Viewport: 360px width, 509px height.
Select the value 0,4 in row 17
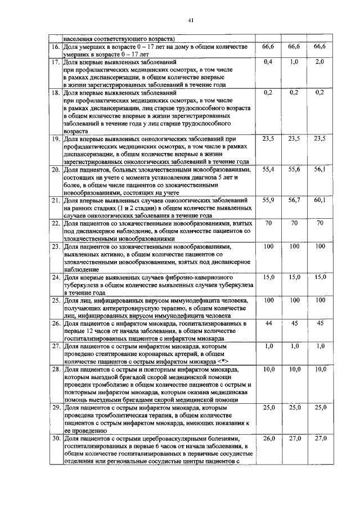(268, 61)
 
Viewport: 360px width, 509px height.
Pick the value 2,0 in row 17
(319, 61)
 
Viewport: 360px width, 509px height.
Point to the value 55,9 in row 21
(268, 200)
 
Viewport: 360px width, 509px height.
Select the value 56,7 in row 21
(294, 200)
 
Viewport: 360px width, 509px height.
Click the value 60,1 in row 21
(319, 200)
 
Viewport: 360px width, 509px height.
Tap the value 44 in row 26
(268, 323)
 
